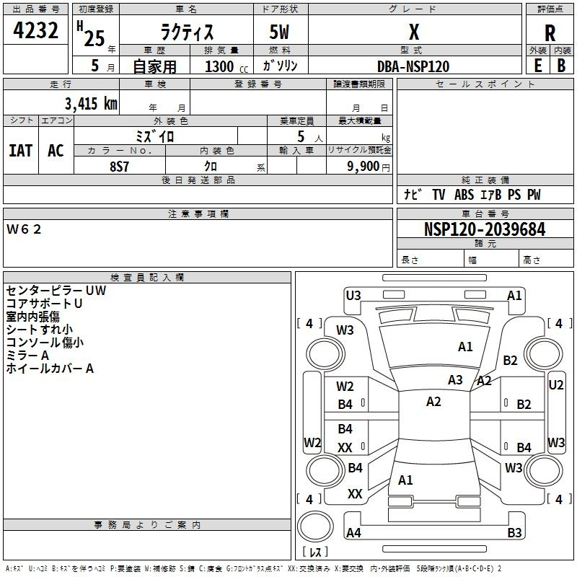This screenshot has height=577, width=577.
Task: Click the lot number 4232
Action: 36,32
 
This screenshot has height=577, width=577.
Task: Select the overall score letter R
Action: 550,33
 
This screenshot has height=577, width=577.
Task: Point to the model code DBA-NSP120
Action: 413,66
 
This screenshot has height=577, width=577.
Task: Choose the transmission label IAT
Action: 20,150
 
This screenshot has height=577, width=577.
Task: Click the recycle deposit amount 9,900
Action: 363,166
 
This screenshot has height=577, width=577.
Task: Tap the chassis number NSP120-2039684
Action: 485,229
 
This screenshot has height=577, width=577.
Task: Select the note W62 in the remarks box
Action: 25,229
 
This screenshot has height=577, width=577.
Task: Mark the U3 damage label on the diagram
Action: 353,294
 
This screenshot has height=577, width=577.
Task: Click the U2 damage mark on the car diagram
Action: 556,385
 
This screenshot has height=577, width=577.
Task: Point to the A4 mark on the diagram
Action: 353,533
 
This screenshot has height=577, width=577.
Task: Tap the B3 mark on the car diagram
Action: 514,533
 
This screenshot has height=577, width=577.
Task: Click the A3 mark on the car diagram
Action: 455,380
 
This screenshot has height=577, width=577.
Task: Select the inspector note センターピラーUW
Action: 56,291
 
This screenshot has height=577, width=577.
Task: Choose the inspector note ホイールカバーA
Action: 50,369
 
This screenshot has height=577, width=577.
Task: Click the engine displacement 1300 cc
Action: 224,66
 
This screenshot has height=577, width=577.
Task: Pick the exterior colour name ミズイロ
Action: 155,135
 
